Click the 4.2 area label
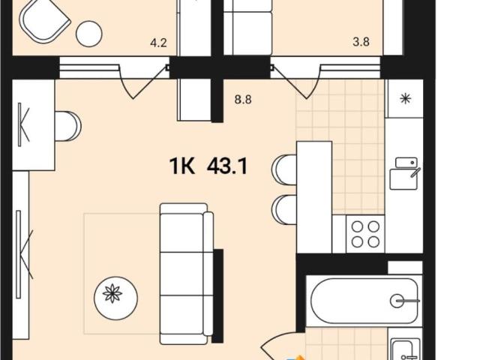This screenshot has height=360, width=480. click(x=158, y=43)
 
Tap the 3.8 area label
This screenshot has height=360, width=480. click(x=361, y=42)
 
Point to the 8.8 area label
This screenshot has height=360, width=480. click(x=243, y=100)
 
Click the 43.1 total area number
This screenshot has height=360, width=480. click(x=226, y=166)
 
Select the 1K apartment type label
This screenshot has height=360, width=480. click(x=182, y=166)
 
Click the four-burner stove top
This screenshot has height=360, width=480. click(x=365, y=234)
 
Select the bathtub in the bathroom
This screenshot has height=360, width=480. click(x=364, y=301)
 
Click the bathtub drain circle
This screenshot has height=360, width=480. click(x=397, y=301)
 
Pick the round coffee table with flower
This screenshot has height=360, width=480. click(x=115, y=297)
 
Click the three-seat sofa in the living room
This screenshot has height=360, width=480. click(x=187, y=274)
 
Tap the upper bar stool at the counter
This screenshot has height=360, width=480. click(x=284, y=169)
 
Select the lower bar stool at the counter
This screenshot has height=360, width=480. click(x=284, y=210)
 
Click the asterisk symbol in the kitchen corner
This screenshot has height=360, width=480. click(x=406, y=98)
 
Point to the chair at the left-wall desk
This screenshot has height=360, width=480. click(x=68, y=126)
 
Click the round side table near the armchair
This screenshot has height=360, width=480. click(x=88, y=34)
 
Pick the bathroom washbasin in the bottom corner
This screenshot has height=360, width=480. click(x=406, y=349)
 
